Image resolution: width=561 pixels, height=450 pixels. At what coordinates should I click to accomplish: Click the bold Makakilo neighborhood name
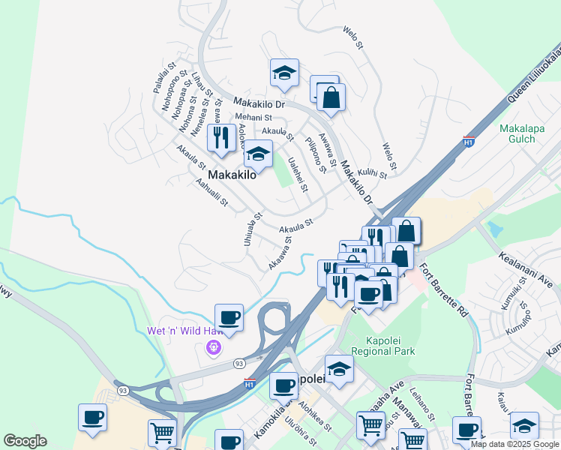(232, 175)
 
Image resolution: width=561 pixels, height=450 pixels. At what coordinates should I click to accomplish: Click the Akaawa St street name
(279, 256)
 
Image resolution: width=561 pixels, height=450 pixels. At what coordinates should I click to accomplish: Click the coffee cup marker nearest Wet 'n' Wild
(229, 317)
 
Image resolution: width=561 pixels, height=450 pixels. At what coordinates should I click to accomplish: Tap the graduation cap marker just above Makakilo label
(258, 154)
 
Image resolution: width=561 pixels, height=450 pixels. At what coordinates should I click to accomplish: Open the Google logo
(25, 441)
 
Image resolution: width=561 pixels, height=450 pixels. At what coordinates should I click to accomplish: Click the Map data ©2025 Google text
(514, 444)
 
